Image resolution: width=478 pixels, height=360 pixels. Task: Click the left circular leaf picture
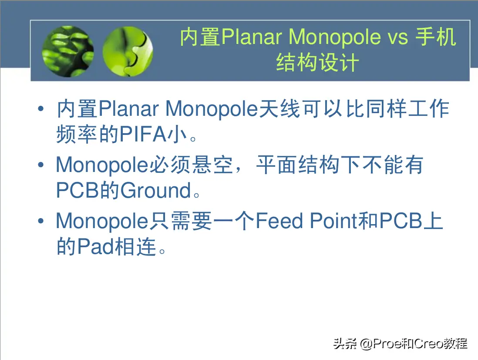click(67, 51)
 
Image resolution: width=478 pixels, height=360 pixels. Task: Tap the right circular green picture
click(128, 51)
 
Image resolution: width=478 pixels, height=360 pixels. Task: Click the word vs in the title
click(397, 38)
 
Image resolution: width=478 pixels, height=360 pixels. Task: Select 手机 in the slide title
click(436, 37)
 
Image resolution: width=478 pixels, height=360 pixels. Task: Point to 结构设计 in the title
click(317, 63)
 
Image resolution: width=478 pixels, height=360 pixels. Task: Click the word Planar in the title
click(251, 37)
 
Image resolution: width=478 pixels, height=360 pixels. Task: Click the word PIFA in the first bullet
click(143, 134)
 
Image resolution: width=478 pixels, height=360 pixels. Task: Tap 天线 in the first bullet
click(279, 108)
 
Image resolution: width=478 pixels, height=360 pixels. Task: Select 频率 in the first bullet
click(77, 134)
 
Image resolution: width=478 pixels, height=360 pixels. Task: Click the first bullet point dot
click(41, 108)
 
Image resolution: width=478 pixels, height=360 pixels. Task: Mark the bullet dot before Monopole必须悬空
click(41, 165)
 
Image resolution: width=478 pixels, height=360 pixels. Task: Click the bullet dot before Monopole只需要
click(41, 221)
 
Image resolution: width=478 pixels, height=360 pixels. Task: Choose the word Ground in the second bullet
click(156, 191)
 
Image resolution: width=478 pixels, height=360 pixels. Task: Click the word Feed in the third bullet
click(279, 221)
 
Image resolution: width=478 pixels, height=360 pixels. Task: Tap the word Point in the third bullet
click(333, 221)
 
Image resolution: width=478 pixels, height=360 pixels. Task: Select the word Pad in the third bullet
click(95, 246)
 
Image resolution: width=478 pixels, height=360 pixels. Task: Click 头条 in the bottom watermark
click(345, 343)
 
